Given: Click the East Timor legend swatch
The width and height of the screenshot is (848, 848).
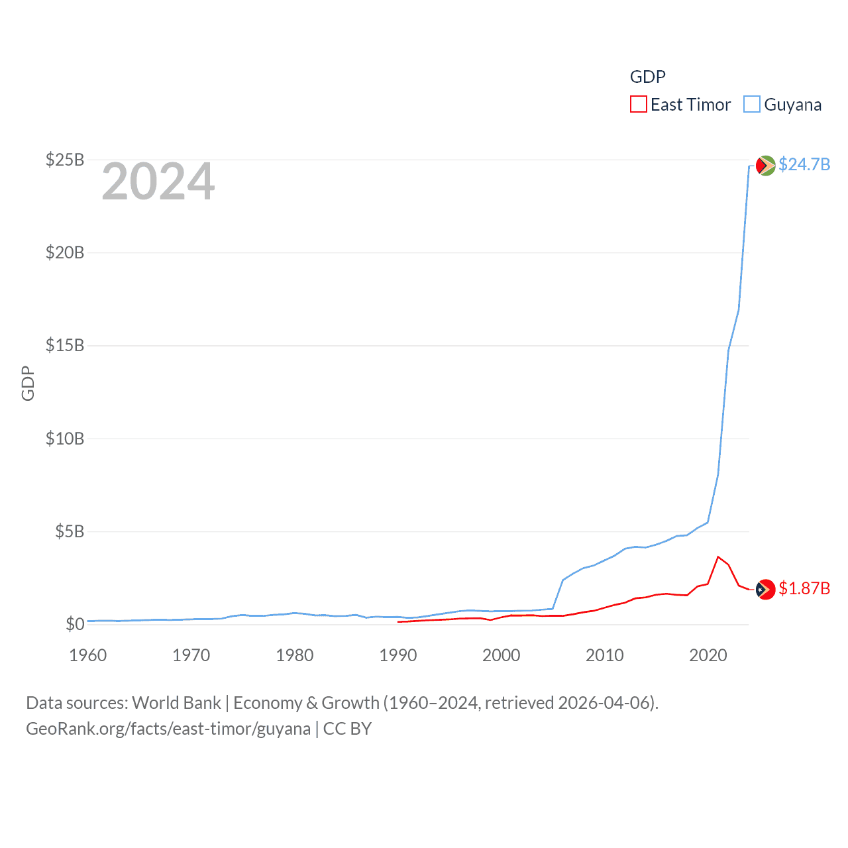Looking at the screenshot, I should pyautogui.click(x=638, y=105).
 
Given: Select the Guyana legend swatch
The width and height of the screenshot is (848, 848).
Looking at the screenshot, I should pyautogui.click(x=751, y=105).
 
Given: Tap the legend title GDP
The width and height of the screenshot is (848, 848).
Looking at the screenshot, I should pyautogui.click(x=647, y=77).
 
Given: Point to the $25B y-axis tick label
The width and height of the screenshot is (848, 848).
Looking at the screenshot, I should pyautogui.click(x=65, y=160).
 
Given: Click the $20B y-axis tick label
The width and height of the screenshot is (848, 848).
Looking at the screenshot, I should pyautogui.click(x=65, y=252).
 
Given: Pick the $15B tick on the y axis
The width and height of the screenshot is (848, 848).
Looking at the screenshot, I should pyautogui.click(x=65, y=345).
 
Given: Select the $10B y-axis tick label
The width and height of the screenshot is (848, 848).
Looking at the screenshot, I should pyautogui.click(x=65, y=439).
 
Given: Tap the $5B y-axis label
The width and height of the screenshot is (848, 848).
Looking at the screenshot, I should pyautogui.click(x=70, y=531).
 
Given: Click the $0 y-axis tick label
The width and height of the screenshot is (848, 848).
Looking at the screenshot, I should pyautogui.click(x=75, y=624).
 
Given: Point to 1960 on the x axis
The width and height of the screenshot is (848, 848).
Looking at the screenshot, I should pyautogui.click(x=88, y=655).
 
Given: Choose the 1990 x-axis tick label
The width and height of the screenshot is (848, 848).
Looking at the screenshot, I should pyautogui.click(x=398, y=655).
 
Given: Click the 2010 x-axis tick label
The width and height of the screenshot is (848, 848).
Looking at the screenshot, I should pyautogui.click(x=605, y=655).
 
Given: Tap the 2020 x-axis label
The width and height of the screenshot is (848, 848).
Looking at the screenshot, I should pyautogui.click(x=708, y=655).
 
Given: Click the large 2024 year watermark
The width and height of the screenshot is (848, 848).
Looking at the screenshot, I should pyautogui.click(x=158, y=182).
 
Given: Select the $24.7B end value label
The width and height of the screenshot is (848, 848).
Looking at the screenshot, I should pyautogui.click(x=804, y=164).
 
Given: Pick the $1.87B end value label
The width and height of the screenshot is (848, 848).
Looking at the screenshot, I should pyautogui.click(x=804, y=588).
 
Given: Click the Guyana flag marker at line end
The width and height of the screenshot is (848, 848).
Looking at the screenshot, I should pyautogui.click(x=765, y=166).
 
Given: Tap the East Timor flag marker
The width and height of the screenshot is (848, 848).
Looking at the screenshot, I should pyautogui.click(x=765, y=589).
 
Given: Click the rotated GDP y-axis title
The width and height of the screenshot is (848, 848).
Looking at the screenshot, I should pyautogui.click(x=28, y=383).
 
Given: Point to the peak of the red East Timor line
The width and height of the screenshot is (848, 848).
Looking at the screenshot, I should pyautogui.click(x=718, y=556).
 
